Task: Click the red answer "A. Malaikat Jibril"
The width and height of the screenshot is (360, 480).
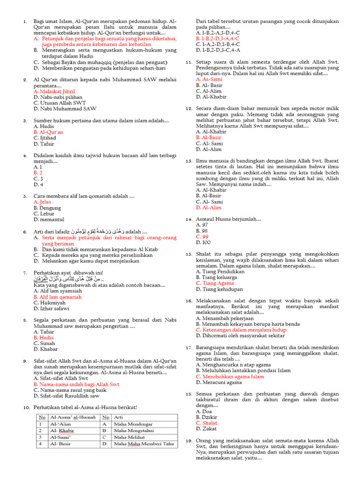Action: (x=54, y=91)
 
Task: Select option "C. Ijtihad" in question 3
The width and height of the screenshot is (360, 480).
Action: (x=45, y=138)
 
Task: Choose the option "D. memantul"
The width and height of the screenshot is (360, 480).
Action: (x=49, y=219)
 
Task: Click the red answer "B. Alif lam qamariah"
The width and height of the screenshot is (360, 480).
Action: (x=57, y=297)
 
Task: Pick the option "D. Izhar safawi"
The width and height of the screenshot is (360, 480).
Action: (x=51, y=308)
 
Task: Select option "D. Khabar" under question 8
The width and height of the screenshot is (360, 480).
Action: (x=45, y=349)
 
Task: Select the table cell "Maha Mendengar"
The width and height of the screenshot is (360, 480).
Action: (x=134, y=424)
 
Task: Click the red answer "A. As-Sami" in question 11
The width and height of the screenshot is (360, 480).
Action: (x=209, y=79)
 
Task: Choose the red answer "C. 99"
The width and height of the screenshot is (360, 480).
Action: (x=202, y=237)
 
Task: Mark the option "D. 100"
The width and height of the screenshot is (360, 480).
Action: (x=203, y=243)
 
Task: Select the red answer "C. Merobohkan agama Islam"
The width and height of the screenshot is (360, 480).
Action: (x=230, y=376)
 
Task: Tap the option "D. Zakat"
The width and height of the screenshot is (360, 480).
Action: (x=207, y=428)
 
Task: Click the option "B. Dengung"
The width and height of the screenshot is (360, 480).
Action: (x=47, y=208)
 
